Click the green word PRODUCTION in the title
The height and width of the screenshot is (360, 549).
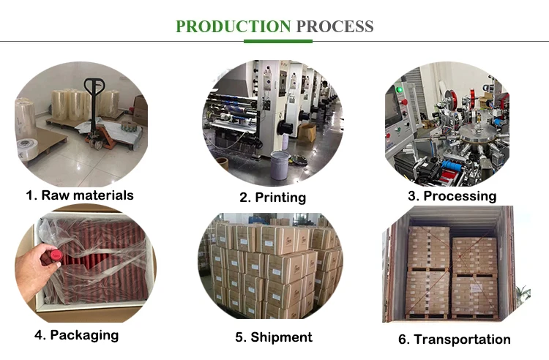234,27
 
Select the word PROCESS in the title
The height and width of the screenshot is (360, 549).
335,27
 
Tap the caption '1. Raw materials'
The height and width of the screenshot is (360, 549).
79,195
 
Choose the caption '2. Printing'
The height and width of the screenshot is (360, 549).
272,197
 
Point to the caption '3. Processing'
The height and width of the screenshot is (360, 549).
452,195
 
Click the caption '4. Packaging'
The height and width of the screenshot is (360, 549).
75,335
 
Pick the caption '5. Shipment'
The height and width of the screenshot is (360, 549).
273,337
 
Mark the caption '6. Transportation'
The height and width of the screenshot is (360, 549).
455,339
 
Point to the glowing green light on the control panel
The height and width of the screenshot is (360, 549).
400,91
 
